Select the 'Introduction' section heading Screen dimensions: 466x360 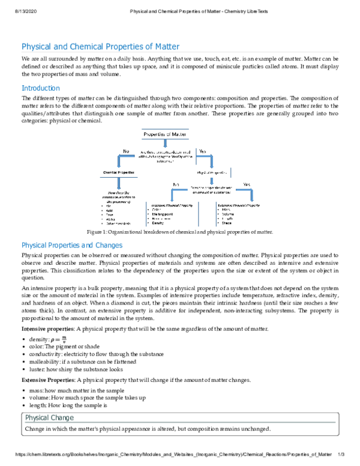click(40, 88)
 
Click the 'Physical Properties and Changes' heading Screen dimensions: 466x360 click(72, 245)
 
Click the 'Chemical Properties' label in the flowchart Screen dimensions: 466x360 click(119, 173)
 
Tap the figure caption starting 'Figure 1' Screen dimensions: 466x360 click(179, 232)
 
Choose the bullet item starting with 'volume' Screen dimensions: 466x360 click(87, 398)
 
